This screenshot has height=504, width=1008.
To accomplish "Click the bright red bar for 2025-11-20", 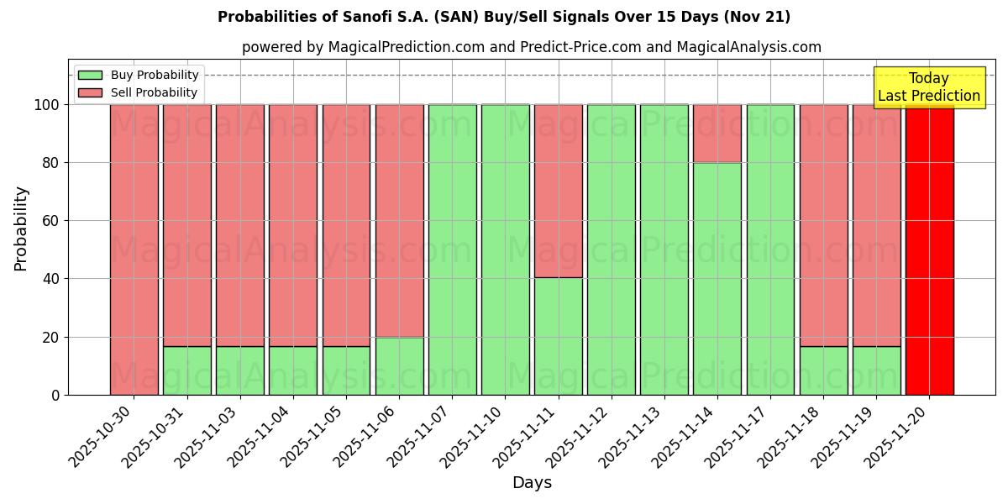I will pos(929,249).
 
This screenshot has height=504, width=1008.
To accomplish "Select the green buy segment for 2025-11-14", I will pos(717,278).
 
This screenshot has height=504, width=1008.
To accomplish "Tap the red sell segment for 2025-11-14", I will pos(717,134).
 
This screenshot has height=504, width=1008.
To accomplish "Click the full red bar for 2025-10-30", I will pos(134,249).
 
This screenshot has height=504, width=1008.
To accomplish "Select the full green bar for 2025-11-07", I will pos(452,249).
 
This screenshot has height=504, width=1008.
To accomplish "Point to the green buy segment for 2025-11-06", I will pos(399,365).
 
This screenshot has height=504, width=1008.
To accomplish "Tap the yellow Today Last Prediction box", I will pos(928,87).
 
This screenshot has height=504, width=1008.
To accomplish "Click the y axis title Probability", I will pos(21,228).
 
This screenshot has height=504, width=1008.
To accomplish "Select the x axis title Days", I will pos(532,483).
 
